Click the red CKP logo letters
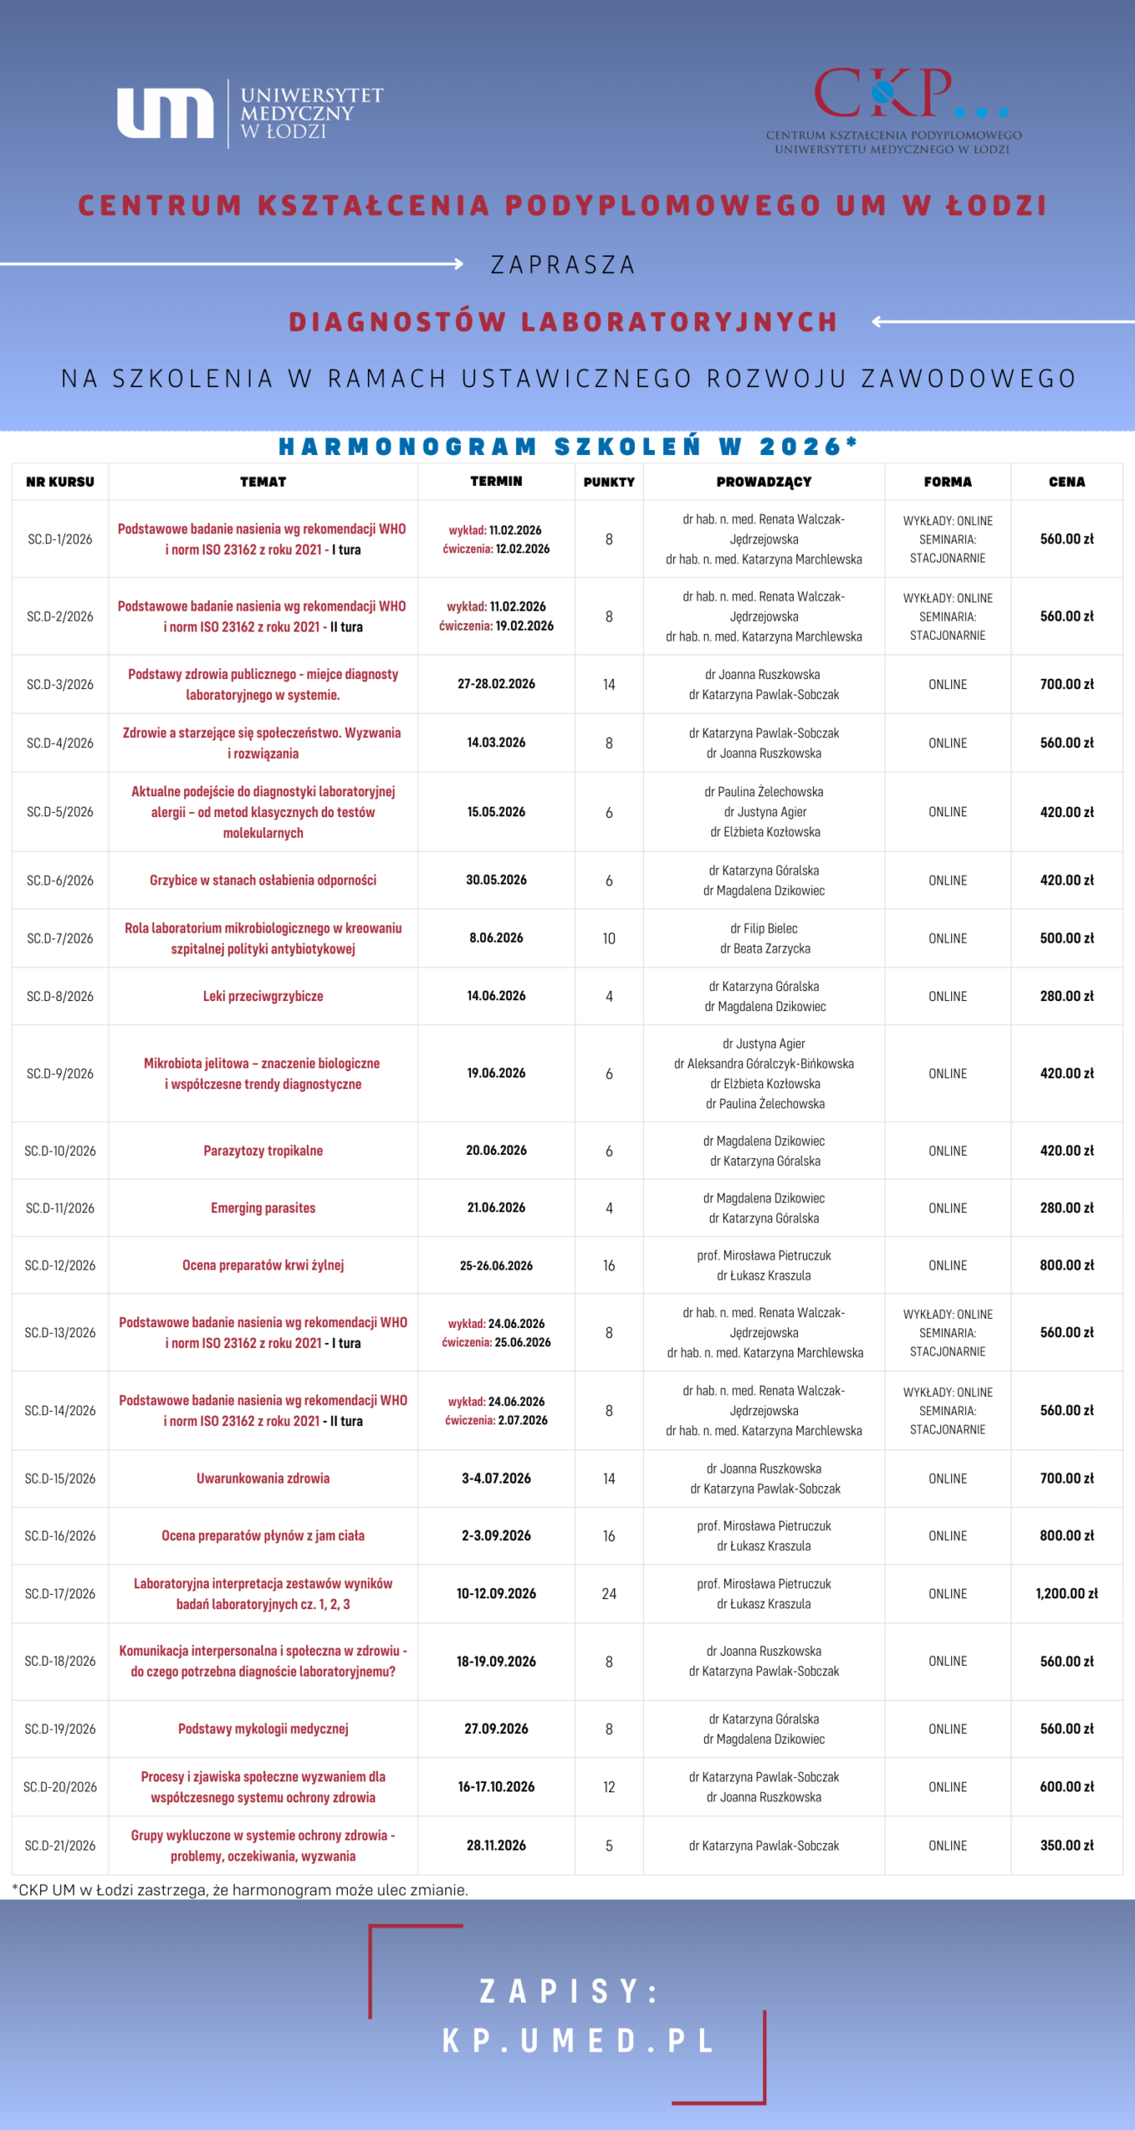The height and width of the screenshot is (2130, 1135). (883, 93)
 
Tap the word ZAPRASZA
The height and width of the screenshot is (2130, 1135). (563, 265)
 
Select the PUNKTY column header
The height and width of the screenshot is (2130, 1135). (608, 482)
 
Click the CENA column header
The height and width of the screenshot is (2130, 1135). (1066, 482)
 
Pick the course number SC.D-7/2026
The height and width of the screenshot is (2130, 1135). (60, 939)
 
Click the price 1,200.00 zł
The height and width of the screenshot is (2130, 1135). (1066, 1593)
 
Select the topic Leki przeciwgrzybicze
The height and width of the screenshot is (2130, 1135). (263, 996)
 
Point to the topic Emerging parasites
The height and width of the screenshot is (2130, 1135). (263, 1208)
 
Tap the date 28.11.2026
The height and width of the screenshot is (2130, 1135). (496, 1845)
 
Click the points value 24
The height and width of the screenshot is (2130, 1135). (608, 1593)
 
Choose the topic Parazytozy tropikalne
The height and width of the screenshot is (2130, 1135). (263, 1151)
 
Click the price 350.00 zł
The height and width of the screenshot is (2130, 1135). (1066, 1845)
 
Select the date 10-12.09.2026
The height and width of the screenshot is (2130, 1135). (496, 1593)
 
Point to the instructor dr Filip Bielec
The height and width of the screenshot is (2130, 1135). (764, 929)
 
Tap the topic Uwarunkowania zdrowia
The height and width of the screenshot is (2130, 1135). (263, 1479)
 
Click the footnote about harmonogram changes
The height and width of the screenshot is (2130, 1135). (240, 1890)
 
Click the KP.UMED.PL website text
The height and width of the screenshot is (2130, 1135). (577, 2040)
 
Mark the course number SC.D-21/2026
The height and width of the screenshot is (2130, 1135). (60, 1845)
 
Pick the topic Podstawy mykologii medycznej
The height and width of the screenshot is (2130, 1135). (263, 1729)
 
